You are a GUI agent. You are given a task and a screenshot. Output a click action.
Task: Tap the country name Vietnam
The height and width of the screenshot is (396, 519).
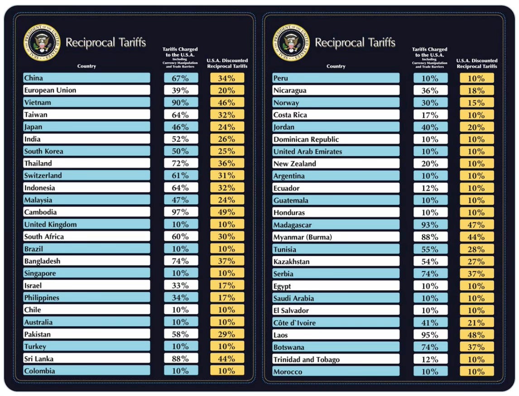(x=38, y=102)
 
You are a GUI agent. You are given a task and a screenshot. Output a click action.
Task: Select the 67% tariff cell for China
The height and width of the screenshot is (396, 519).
(x=180, y=78)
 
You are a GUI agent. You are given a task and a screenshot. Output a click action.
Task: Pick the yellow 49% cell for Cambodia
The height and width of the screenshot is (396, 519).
(x=227, y=212)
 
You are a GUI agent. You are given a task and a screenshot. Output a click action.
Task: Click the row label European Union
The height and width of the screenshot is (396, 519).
(x=50, y=90)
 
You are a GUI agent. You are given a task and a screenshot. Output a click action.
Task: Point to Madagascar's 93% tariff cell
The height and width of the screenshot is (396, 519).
(x=430, y=225)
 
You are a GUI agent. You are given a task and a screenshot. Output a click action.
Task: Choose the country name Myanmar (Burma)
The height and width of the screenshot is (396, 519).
(x=303, y=237)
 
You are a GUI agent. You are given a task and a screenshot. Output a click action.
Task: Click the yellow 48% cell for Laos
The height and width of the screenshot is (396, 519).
(x=476, y=335)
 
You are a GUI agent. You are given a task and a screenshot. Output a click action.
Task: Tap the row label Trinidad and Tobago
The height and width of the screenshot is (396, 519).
(x=306, y=360)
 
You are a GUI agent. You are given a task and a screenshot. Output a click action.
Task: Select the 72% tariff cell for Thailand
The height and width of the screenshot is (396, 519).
(x=180, y=164)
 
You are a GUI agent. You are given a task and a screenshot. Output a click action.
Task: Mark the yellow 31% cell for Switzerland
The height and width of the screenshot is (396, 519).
(x=227, y=176)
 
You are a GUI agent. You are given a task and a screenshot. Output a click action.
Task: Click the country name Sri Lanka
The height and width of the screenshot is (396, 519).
(x=38, y=359)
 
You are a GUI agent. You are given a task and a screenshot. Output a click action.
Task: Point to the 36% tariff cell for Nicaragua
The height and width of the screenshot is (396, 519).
(x=430, y=91)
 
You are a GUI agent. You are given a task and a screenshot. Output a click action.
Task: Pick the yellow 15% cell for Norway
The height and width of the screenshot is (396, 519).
(x=476, y=103)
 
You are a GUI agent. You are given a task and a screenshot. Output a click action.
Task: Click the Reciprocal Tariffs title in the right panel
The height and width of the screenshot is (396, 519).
(x=355, y=43)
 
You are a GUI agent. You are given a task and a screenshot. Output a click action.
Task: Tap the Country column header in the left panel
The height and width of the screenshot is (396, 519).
(x=86, y=66)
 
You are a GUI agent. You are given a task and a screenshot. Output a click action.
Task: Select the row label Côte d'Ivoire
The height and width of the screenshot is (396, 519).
(x=294, y=323)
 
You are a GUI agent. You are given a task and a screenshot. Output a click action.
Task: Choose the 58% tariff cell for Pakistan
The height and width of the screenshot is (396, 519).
(x=180, y=334)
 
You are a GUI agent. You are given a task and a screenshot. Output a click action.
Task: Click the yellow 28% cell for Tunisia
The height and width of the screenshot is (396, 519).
(x=476, y=249)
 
